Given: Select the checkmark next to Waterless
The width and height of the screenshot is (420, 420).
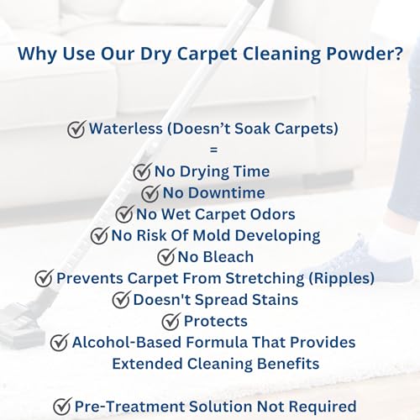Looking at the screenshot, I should coord(76,129).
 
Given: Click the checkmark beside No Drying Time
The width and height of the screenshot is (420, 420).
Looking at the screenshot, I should coord(143,171).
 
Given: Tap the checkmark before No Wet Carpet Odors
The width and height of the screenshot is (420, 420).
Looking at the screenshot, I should coord(124,214).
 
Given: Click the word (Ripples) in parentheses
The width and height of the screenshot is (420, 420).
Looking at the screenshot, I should coord(341,279).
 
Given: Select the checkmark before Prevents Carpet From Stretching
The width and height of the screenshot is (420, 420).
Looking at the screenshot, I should coord(44,278).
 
